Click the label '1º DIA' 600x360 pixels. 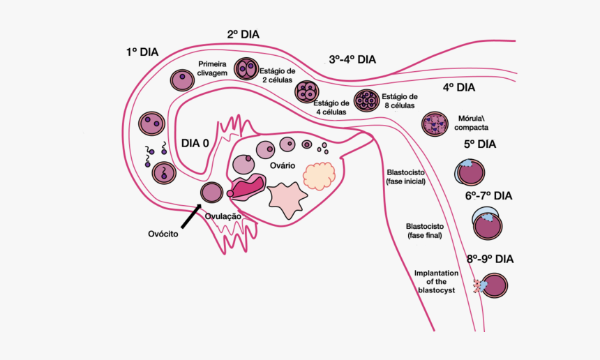point(142,52)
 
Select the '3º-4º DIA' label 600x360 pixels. point(352,59)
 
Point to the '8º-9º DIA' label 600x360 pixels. point(490,259)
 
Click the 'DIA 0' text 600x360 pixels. point(195,144)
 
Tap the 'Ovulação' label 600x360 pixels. point(223,216)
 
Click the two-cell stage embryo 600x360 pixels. point(246,69)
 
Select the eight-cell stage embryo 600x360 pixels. point(366,101)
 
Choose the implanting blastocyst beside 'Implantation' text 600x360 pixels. point(493,286)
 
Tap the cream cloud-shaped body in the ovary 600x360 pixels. point(320,176)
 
